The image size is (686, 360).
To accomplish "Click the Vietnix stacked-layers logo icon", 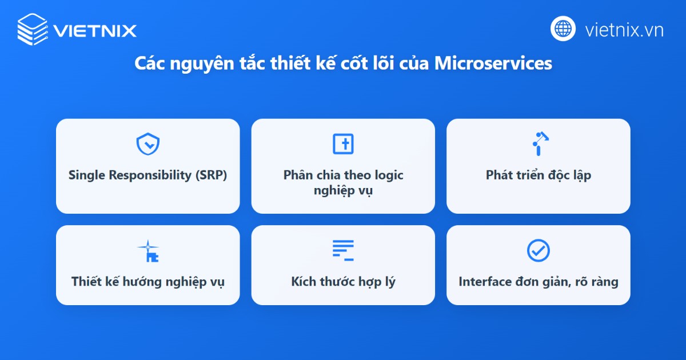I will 33,29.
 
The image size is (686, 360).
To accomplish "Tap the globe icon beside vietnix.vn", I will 563,29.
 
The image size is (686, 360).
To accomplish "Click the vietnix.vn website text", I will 624,30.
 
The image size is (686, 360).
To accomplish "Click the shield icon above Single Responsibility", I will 147,145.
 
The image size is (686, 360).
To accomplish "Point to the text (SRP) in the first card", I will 210,175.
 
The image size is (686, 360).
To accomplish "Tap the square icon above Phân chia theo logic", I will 343,144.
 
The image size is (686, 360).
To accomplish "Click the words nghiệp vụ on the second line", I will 343,190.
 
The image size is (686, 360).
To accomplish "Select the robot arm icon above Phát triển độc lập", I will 539,143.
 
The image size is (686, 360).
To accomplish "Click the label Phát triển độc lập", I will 539,175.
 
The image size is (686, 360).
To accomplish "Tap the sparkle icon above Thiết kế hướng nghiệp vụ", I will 147,251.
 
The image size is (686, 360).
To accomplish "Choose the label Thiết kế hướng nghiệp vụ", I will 147,282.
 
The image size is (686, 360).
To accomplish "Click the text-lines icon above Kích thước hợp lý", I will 343,250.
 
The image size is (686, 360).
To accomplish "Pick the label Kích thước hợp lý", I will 343,282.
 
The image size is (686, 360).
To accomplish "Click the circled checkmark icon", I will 538,250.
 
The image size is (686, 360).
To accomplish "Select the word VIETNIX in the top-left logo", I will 95,30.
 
